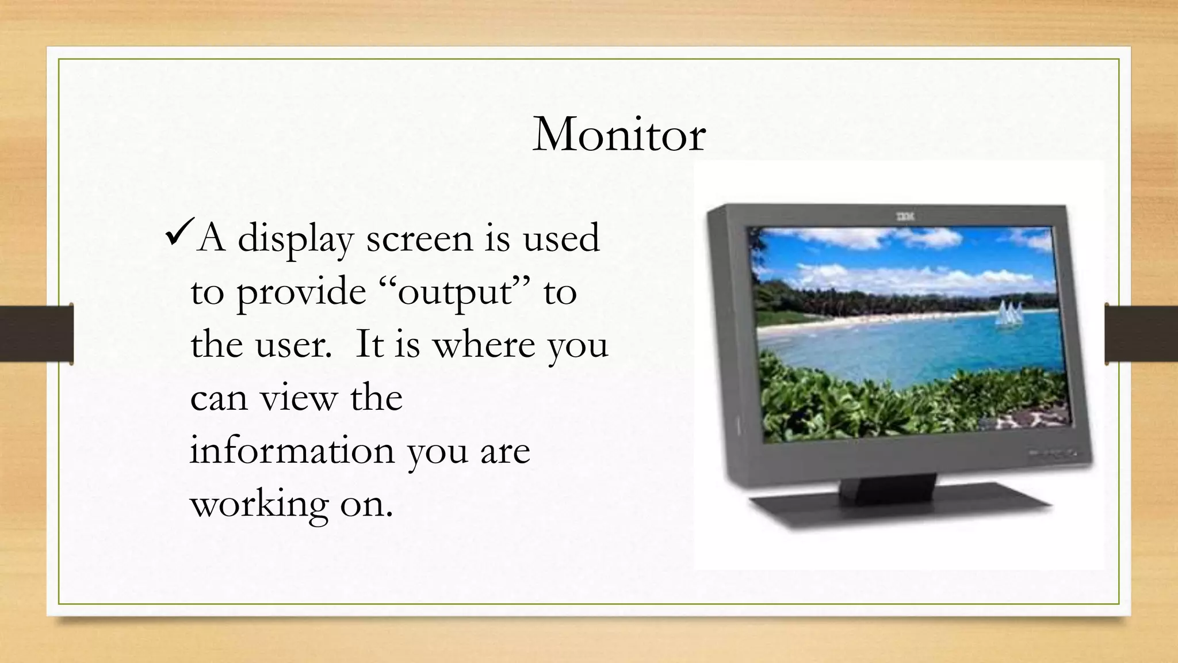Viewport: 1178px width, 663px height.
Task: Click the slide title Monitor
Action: (x=619, y=135)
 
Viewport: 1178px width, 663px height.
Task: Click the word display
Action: (x=295, y=239)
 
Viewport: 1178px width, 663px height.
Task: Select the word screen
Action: (x=419, y=239)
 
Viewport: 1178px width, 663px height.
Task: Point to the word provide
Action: (x=301, y=292)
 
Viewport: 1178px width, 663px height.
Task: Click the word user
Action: (x=293, y=345)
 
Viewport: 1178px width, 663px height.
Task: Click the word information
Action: (x=292, y=451)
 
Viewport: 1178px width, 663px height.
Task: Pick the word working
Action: (x=259, y=505)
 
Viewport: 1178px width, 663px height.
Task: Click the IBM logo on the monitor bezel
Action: (x=905, y=217)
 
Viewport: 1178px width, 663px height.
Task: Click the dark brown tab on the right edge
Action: (x=1141, y=334)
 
